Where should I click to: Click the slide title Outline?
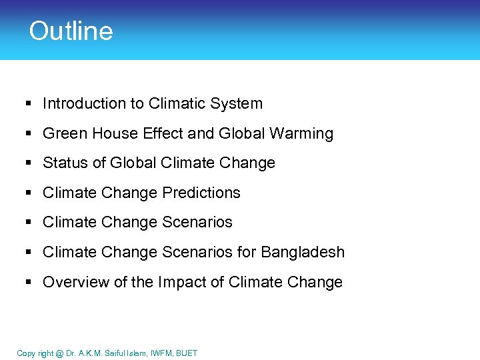(x=71, y=31)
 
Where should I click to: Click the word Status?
(x=63, y=163)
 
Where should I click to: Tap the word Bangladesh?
(x=303, y=252)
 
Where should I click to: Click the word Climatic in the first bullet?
(x=175, y=103)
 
